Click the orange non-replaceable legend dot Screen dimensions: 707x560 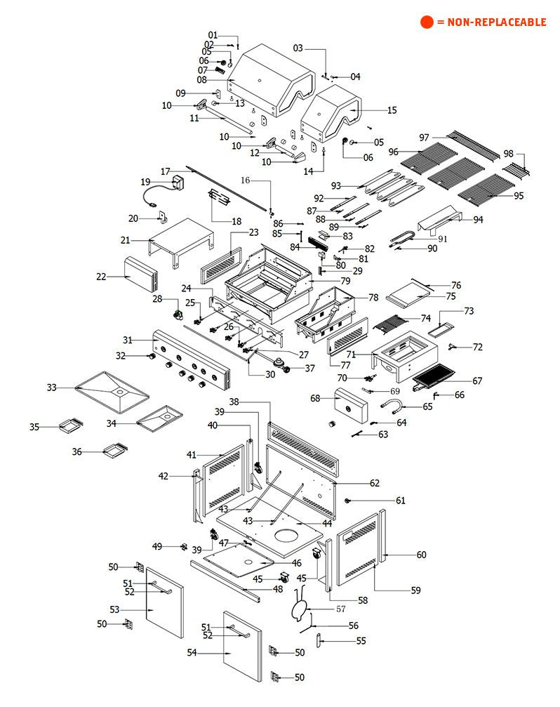coord(427,22)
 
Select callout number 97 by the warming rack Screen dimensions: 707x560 coord(424,137)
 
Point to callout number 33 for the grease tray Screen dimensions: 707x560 coord(51,388)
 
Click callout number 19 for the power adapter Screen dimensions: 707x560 coord(146,182)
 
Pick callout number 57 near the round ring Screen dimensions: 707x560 coord(341,609)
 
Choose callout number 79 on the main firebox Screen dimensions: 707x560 coord(345,281)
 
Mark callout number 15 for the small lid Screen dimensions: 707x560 coord(392,110)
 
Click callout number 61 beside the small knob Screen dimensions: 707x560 coord(401,501)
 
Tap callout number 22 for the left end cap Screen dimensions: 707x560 coord(102,277)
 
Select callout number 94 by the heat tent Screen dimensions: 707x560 coord(478,220)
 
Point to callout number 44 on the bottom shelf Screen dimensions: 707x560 coord(326,524)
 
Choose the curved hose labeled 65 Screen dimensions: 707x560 coord(392,405)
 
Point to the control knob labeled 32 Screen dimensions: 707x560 coord(150,357)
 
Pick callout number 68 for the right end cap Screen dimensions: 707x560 coord(315,399)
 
